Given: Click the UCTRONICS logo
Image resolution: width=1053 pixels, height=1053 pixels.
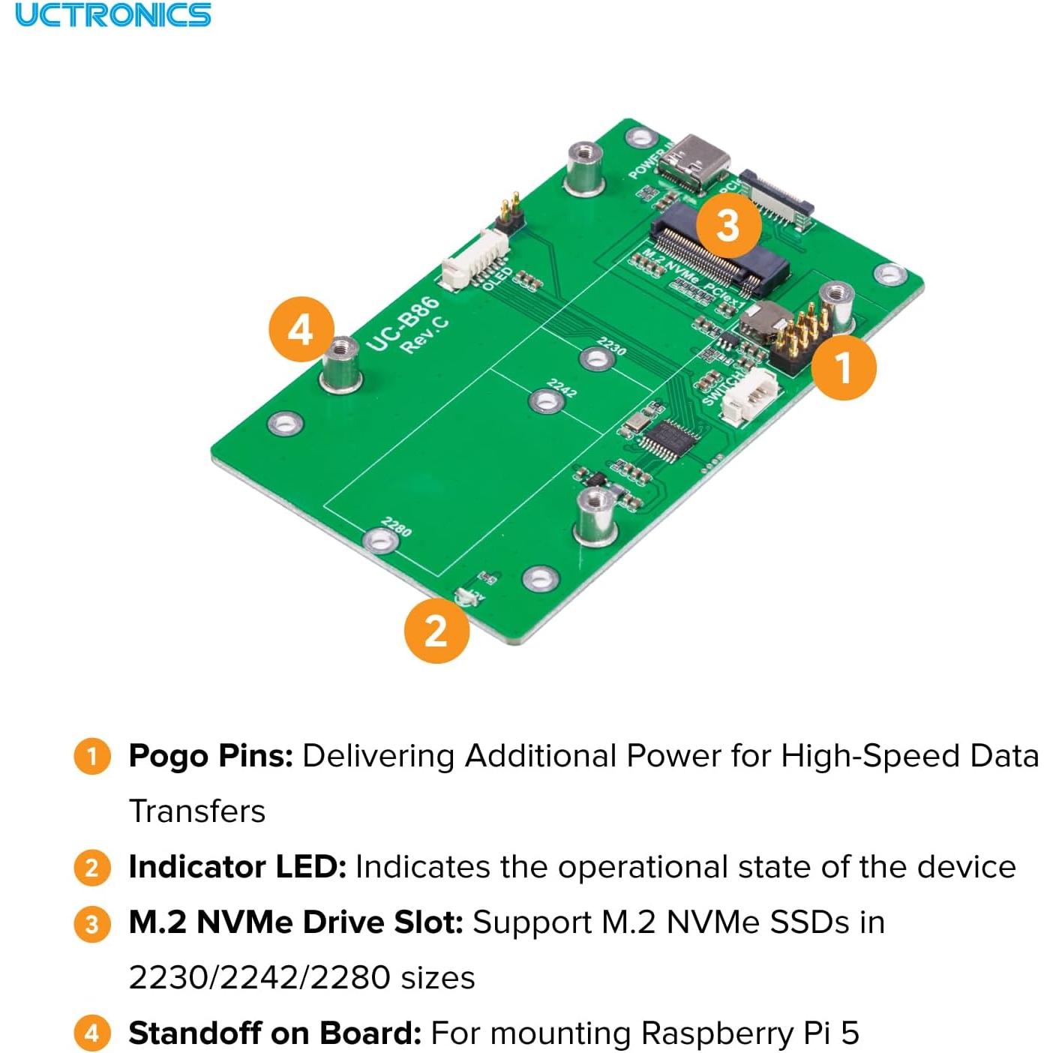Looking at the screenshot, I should click(113, 15).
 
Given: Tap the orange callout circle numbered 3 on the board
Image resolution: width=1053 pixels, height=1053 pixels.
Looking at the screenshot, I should click(727, 224).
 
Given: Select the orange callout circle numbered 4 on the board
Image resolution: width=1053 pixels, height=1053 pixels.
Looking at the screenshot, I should click(301, 329).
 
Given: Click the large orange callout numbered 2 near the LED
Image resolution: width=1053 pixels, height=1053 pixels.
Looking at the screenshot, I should click(436, 630).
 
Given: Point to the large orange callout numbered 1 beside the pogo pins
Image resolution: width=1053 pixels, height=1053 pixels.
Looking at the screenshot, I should click(844, 367).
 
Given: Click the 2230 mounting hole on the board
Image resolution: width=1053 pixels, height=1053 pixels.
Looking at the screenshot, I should click(597, 359).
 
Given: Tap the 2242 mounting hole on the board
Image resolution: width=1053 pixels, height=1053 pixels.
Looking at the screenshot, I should click(546, 400).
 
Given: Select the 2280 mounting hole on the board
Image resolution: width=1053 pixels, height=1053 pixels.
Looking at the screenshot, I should click(380, 539).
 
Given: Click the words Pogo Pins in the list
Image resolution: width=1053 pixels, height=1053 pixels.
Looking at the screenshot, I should click(210, 755).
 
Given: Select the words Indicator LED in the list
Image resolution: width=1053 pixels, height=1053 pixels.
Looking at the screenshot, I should click(237, 866).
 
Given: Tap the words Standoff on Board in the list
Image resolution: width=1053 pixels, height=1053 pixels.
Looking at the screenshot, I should click(274, 1033).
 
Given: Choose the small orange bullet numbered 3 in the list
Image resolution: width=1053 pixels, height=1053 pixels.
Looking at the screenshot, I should click(91, 923).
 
